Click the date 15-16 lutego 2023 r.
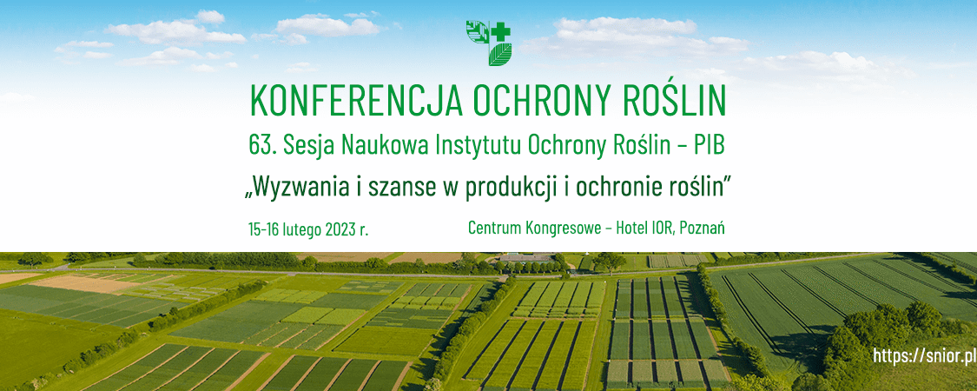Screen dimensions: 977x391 (308, 229)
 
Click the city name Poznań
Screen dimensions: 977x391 (703, 229)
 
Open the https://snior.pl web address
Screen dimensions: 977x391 (923, 355)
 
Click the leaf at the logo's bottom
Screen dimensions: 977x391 (499, 54)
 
